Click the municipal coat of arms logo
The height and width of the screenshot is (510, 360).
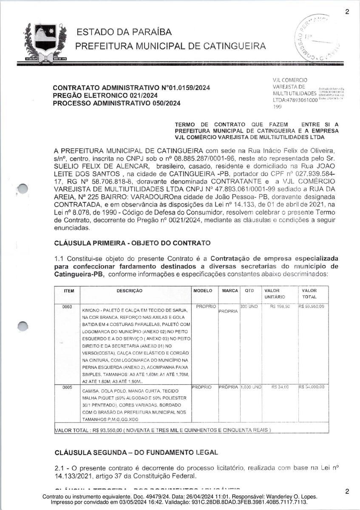[45, 43]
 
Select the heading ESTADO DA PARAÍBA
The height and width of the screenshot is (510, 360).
[124, 32]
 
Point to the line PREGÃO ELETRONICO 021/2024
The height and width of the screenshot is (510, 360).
[105, 96]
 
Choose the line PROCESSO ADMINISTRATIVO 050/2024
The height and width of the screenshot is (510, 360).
[116, 103]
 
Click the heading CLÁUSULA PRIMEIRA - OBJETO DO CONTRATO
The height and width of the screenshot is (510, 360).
[132, 243]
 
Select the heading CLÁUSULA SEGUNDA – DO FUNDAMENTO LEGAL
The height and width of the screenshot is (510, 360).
[136, 452]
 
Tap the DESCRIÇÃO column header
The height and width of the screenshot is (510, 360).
[130, 291]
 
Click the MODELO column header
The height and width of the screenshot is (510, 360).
[203, 291]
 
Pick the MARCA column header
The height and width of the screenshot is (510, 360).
[230, 291]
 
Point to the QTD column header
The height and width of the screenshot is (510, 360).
[249, 291]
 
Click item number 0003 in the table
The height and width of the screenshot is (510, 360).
[67, 306]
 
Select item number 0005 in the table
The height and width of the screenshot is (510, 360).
[67, 387]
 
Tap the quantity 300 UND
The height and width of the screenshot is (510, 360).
[249, 306]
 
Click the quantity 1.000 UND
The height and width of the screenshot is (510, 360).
[251, 387]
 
